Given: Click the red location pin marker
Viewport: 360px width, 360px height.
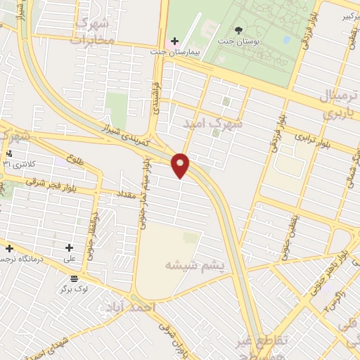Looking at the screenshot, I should [181, 165].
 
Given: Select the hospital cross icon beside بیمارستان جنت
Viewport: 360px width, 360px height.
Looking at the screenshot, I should [174, 41].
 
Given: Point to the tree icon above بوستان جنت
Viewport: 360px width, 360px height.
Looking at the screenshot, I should [238, 31].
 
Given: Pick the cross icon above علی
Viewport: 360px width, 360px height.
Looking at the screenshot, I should [69, 247].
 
